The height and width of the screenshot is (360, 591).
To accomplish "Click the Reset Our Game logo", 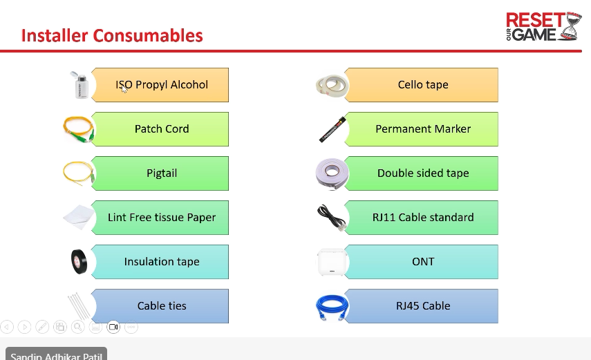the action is point(543,26).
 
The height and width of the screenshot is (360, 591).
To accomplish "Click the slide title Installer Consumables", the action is point(112,35).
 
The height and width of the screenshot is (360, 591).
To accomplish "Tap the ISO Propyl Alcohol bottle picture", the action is point(81,85).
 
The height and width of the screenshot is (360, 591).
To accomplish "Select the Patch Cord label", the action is point(162,129).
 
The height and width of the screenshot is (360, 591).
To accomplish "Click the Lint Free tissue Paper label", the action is point(162,218).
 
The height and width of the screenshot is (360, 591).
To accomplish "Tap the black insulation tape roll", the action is point(79,262).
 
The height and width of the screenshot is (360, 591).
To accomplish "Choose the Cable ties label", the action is point(162,305).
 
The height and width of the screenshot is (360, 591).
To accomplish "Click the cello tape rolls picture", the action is point(332,86).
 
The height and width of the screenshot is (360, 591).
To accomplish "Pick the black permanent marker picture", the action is point(332,130).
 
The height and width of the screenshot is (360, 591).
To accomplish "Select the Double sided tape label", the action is point(423,173).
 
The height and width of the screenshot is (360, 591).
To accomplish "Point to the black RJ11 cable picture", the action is point(331,218).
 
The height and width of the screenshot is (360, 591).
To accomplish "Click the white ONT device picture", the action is point(332,262).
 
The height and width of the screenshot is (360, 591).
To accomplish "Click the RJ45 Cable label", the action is point(423,305).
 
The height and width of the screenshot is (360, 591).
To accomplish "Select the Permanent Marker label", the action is point(423,129).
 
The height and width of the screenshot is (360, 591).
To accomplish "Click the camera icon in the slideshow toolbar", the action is point(113,327).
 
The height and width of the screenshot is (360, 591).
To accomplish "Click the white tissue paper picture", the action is point(79,217).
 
